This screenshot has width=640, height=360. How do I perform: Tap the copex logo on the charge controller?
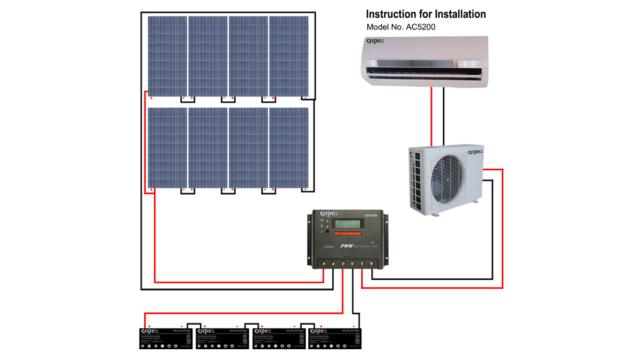(x=326, y=214)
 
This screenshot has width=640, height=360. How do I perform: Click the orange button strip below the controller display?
(x=347, y=233)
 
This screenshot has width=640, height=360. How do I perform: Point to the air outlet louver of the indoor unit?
(x=424, y=74)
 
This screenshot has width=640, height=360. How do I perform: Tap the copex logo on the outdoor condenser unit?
(x=475, y=152)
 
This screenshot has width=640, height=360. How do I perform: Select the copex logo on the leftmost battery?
(x=150, y=331)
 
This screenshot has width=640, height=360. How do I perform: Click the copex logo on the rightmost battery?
(x=319, y=331)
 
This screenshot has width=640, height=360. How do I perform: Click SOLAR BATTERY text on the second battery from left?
(x=238, y=331)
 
